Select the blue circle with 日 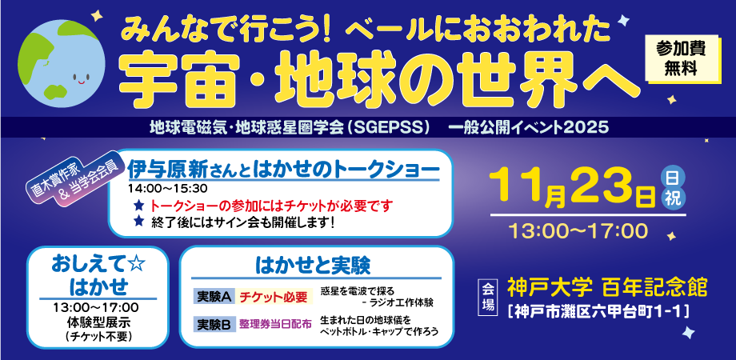[x=673, y=178]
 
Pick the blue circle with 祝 [x=673, y=199]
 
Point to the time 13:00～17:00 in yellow [x=578, y=231]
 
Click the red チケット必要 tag [x=274, y=297]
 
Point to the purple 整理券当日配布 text [x=275, y=324]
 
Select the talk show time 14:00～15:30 [x=167, y=188]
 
